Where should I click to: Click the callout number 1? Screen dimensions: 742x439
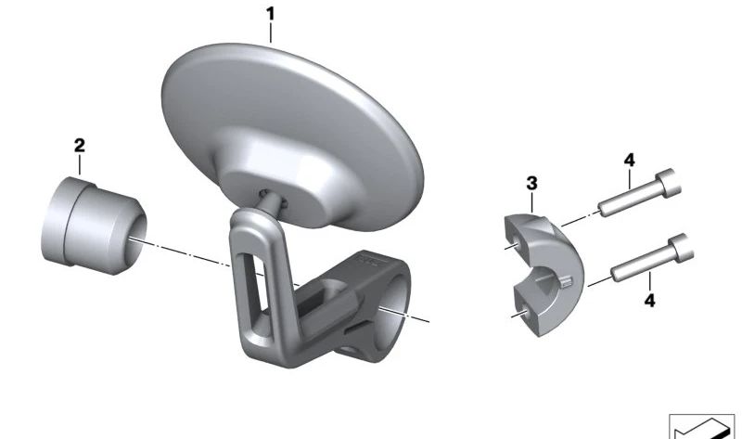click(x=270, y=14)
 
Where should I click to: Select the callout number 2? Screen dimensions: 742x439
click(x=80, y=146)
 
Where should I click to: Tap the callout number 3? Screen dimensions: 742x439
click(x=531, y=183)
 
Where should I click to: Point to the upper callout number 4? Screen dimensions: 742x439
click(x=630, y=161)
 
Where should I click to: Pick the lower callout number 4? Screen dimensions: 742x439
click(x=650, y=300)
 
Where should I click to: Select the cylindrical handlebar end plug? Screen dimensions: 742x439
click(x=94, y=226)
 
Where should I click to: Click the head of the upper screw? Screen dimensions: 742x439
click(x=668, y=183)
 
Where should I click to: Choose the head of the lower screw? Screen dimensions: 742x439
click(x=682, y=248)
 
